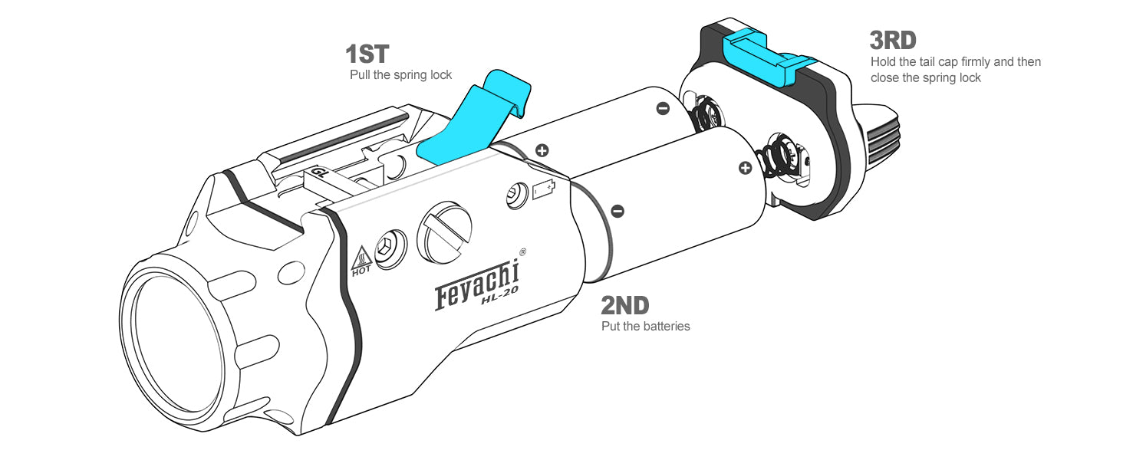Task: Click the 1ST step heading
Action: [x=367, y=54]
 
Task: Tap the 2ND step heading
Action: [x=624, y=306]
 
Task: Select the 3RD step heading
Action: [x=893, y=41]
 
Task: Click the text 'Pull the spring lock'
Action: [x=400, y=75]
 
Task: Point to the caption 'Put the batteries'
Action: [x=646, y=326]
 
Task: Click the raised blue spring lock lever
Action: [x=474, y=120]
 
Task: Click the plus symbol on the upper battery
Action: [x=542, y=150]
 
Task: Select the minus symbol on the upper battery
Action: [x=663, y=108]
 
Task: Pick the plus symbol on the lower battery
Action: [x=746, y=168]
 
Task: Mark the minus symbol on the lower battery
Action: [x=618, y=211]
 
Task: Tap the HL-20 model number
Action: [x=499, y=296]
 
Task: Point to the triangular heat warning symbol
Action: [x=361, y=258]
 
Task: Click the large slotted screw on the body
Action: [x=445, y=232]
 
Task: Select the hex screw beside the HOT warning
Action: [x=391, y=249]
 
